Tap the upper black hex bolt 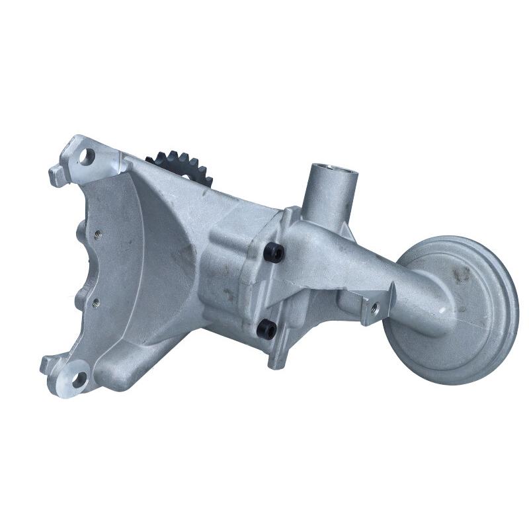[273, 252]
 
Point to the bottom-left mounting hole [78, 379]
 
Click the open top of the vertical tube [331, 171]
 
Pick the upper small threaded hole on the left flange [97, 233]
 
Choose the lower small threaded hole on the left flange [97, 302]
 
